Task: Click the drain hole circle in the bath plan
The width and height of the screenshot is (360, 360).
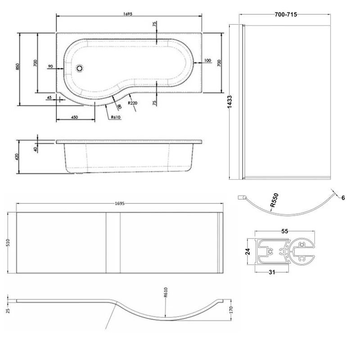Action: (x=80, y=68)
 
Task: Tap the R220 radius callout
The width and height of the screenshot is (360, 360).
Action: (x=132, y=103)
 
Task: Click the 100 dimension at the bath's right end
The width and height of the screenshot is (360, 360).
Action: (x=207, y=60)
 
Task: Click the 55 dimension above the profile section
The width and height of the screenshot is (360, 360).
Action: (x=284, y=231)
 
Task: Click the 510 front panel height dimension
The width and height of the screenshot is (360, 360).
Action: (x=8, y=243)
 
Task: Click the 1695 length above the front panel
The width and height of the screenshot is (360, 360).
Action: (x=119, y=204)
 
